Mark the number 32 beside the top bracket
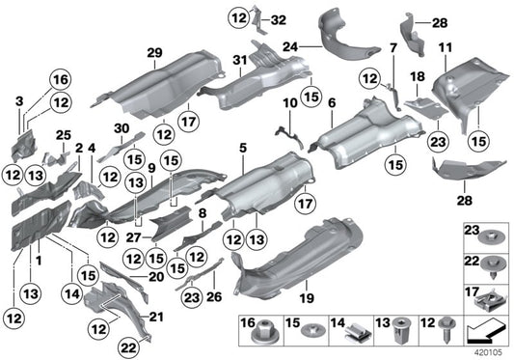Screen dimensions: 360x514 point(279,19)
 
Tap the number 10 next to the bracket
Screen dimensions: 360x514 point(288,102)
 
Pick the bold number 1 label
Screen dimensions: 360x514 point(38,261)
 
